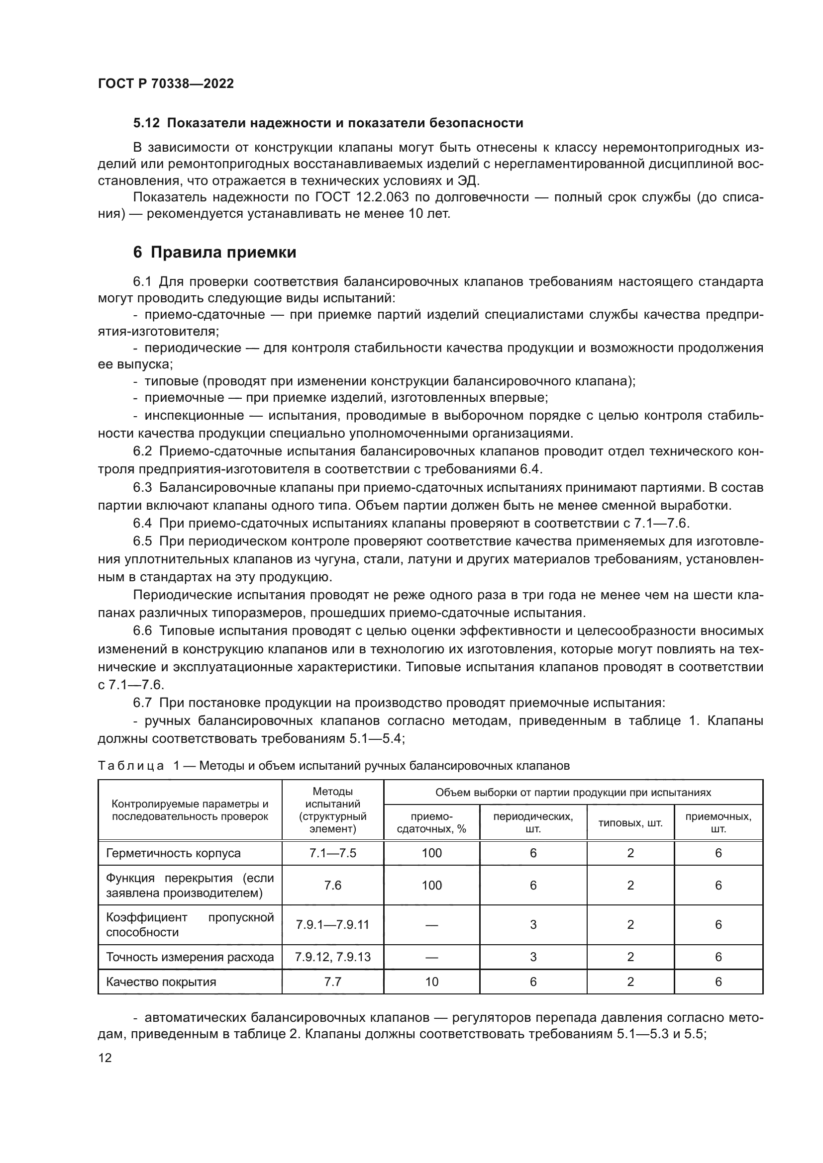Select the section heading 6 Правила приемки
214,252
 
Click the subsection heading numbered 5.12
146,123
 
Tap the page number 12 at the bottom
105,1058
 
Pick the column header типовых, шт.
630,823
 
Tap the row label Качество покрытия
161,982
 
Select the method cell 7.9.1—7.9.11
332,924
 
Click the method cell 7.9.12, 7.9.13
332,957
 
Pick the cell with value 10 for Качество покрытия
431,982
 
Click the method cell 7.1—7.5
332,853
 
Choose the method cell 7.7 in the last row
332,982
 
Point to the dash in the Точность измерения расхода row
431,957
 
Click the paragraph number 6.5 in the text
142,541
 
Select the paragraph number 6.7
142,703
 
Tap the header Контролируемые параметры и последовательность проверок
190,810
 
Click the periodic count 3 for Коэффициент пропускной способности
533,924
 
